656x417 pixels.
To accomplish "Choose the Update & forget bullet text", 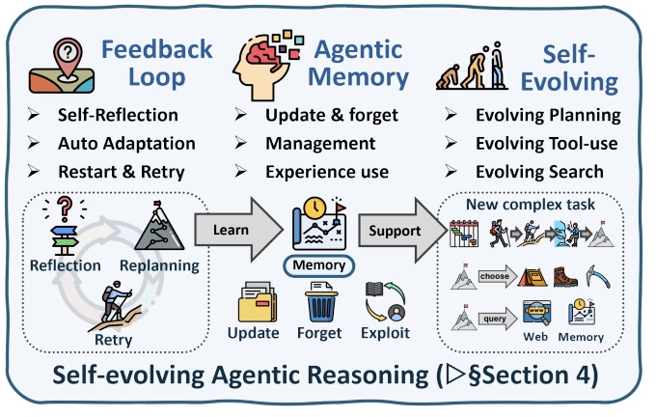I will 332,116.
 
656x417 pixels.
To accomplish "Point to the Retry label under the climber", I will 114,339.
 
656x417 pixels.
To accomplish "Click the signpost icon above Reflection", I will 64,228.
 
